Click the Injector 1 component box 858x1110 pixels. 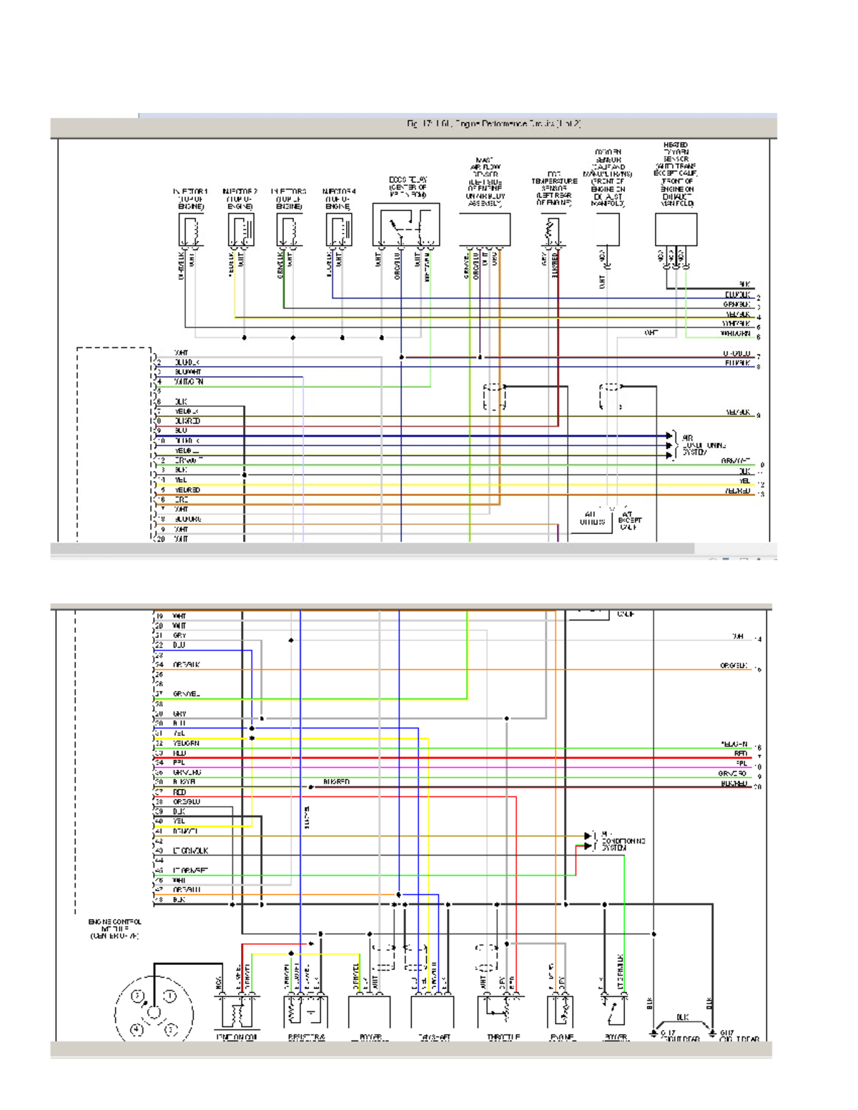pyautogui.click(x=191, y=230)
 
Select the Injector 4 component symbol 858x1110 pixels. pyautogui.click(x=339, y=230)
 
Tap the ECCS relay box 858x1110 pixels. pyautogui.click(x=405, y=225)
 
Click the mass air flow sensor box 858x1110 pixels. pyautogui.click(x=484, y=229)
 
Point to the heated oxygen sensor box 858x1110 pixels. pyautogui.click(x=676, y=229)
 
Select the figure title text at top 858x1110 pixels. pyautogui.click(x=493, y=124)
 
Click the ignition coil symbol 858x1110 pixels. pyautogui.click(x=237, y=1013)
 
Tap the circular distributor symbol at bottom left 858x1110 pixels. pyautogui.click(x=154, y=1011)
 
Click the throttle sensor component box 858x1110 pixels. pyautogui.click(x=499, y=1011)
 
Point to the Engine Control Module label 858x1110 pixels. pyautogui.click(x=114, y=928)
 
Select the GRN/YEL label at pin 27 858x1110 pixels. pyautogui.click(x=187, y=694)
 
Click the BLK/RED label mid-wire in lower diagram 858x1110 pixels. pyautogui.click(x=336, y=782)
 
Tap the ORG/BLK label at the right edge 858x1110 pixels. pyautogui.click(x=734, y=665)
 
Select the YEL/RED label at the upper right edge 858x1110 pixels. pyautogui.click(x=737, y=492)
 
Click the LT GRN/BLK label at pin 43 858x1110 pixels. pyautogui.click(x=190, y=851)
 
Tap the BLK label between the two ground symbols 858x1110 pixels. pyautogui.click(x=682, y=1016)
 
